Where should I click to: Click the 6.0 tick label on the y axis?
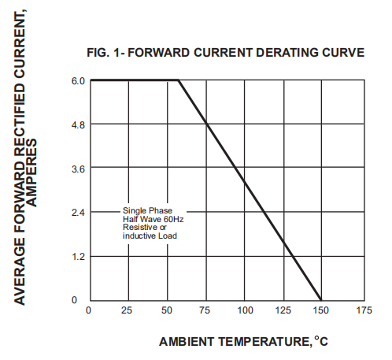[x=78, y=81]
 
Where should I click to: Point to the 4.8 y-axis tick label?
[x=78, y=125]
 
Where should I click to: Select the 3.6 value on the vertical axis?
[x=78, y=169]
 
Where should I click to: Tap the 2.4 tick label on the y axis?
[x=78, y=213]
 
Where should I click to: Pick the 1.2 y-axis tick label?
[x=79, y=257]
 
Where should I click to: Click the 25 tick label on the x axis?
[x=127, y=310]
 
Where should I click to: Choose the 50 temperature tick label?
[x=167, y=310]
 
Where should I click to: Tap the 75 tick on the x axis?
[x=205, y=310]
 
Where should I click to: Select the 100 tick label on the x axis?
[x=245, y=310]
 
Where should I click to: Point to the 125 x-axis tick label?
[x=283, y=310]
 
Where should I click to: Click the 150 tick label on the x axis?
[x=321, y=310]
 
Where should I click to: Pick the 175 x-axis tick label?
[x=364, y=310]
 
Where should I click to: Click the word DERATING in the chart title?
[x=287, y=53]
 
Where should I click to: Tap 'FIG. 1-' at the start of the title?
[x=106, y=53]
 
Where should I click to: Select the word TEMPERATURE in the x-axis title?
[x=264, y=342]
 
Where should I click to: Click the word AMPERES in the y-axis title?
[x=31, y=173]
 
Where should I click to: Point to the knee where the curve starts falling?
[x=179, y=80]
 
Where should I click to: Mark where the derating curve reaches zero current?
[x=321, y=300]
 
